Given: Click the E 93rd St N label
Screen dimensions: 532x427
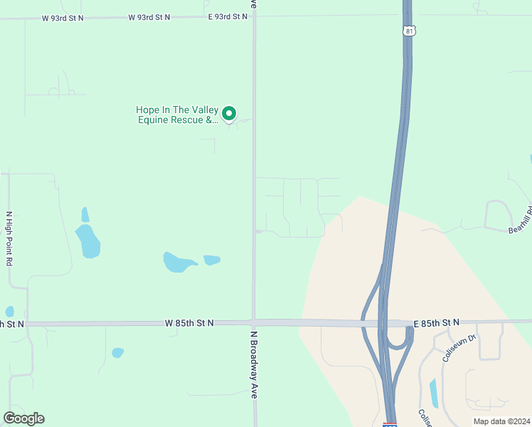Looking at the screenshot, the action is (x=228, y=16).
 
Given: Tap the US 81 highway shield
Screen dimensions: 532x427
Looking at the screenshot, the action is (x=408, y=31).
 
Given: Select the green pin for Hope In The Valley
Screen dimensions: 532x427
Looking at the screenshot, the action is (x=229, y=113).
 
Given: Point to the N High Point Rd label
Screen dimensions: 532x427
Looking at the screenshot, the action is (x=9, y=238).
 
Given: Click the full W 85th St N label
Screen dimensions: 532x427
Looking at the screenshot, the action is (x=190, y=323).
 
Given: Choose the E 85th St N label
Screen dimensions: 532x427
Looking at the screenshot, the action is (x=436, y=323).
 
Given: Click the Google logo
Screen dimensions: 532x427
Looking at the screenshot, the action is (x=23, y=418).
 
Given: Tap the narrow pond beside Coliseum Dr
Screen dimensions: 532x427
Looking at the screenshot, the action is (x=433, y=393).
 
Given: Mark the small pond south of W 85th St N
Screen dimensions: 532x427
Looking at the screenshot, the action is (x=117, y=352).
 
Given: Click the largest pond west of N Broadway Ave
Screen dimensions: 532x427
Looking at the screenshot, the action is (x=89, y=241).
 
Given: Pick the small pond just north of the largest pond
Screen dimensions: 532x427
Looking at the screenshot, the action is (x=85, y=214).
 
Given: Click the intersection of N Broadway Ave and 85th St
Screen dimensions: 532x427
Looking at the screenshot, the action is (x=254, y=323).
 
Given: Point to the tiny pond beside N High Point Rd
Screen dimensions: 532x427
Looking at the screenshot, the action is (x=9, y=311).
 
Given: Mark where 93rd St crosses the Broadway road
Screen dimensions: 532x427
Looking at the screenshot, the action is (x=254, y=16).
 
